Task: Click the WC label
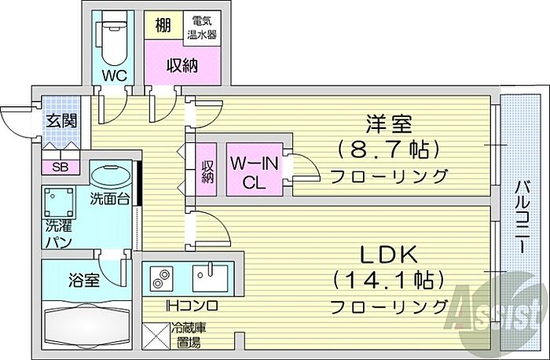click(115, 75)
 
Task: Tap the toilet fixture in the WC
click(114, 42)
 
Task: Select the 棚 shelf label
click(163, 25)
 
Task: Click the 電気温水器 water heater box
click(202, 28)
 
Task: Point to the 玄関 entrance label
click(62, 121)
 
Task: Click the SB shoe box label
click(60, 167)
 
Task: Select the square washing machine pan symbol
click(59, 203)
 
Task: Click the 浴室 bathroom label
click(84, 280)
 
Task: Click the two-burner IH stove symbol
click(161, 278)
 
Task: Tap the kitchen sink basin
click(210, 278)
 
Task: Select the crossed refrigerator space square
click(156, 336)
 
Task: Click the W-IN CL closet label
click(255, 172)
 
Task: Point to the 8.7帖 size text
click(389, 149)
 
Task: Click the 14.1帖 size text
click(389, 280)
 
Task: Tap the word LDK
click(390, 255)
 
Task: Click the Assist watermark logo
click(498, 309)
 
